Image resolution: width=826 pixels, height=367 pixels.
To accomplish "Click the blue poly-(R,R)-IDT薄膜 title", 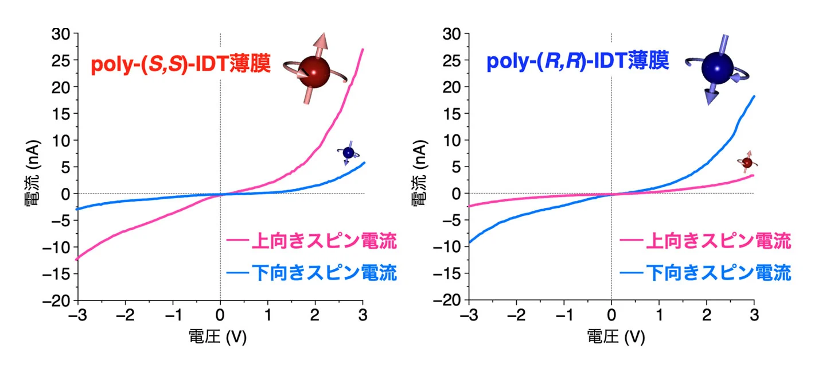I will [578, 61].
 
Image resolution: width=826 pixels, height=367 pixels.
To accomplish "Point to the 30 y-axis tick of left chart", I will [61, 34].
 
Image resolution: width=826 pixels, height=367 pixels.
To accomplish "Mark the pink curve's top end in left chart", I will [363, 49].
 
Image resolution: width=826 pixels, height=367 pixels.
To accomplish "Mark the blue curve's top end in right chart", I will [754, 96].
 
